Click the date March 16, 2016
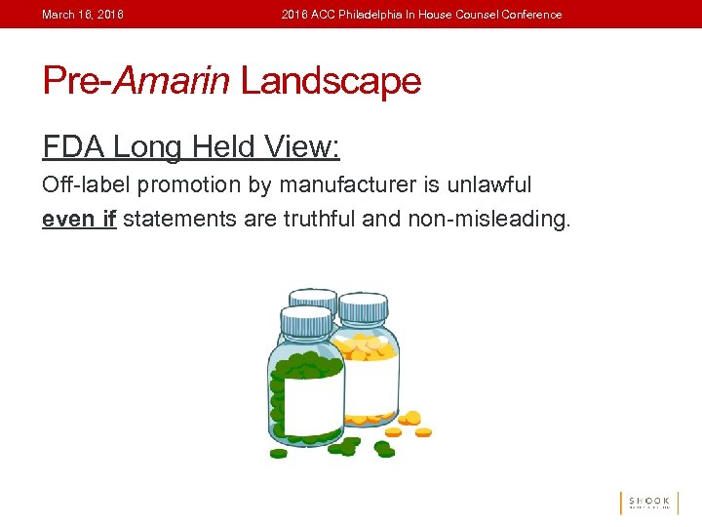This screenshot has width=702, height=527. click(x=83, y=15)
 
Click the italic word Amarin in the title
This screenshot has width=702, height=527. click(x=172, y=81)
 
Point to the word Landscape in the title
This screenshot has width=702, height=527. click(x=331, y=81)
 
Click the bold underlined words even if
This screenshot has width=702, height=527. click(x=79, y=219)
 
